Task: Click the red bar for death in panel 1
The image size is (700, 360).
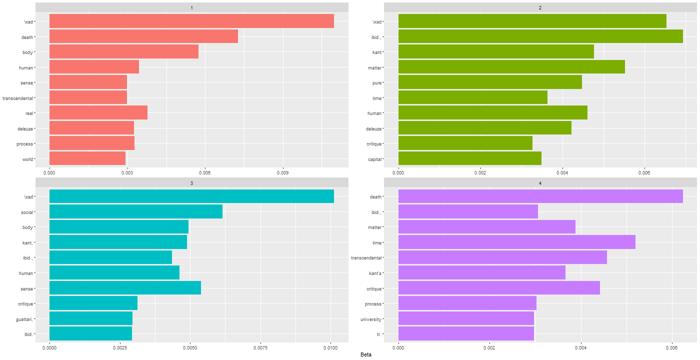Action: (x=143, y=36)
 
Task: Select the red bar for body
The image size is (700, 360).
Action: (x=124, y=52)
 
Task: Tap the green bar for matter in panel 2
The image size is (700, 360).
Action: (x=511, y=67)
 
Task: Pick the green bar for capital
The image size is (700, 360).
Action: (x=470, y=159)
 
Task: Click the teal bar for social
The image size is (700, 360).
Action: (x=136, y=212)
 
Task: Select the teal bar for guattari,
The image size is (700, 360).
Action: (x=91, y=318)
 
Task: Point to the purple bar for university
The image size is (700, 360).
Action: (x=466, y=318)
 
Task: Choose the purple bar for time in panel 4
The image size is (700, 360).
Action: (x=516, y=242)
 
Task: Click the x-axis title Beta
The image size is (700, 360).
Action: (x=365, y=354)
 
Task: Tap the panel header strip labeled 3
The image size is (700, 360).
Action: (x=192, y=183)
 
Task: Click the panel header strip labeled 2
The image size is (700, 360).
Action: (x=540, y=7)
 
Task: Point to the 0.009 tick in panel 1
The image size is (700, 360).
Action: (x=283, y=172)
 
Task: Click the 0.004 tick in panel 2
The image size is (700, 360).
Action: (x=562, y=172)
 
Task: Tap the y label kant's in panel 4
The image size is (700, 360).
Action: (x=373, y=273)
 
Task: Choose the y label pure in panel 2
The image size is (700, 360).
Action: (x=377, y=82)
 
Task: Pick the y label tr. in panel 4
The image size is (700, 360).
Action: (x=379, y=334)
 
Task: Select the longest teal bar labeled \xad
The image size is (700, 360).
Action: (x=191, y=196)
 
